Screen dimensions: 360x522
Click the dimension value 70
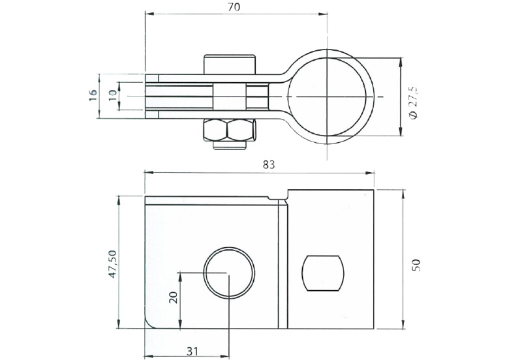(x=235, y=7)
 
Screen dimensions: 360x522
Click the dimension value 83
(x=268, y=165)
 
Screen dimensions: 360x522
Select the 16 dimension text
(x=93, y=95)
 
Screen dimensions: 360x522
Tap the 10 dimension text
(x=112, y=95)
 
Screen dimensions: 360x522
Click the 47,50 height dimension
(x=112, y=263)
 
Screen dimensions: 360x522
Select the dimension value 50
(x=416, y=265)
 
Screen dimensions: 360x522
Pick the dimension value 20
(x=173, y=297)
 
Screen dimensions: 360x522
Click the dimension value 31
(x=192, y=351)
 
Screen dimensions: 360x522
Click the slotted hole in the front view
(x=324, y=273)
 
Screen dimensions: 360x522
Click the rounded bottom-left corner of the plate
(x=149, y=323)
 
